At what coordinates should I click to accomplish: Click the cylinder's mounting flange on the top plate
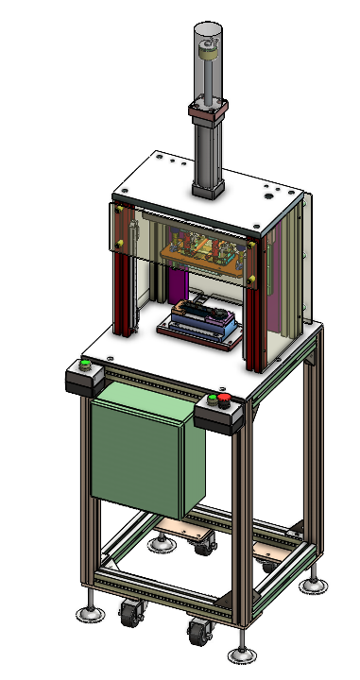coord(209,188)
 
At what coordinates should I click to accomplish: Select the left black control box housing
coord(85,380)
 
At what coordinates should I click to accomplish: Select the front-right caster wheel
coord(198,633)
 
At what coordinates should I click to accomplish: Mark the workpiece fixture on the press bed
coord(199,322)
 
